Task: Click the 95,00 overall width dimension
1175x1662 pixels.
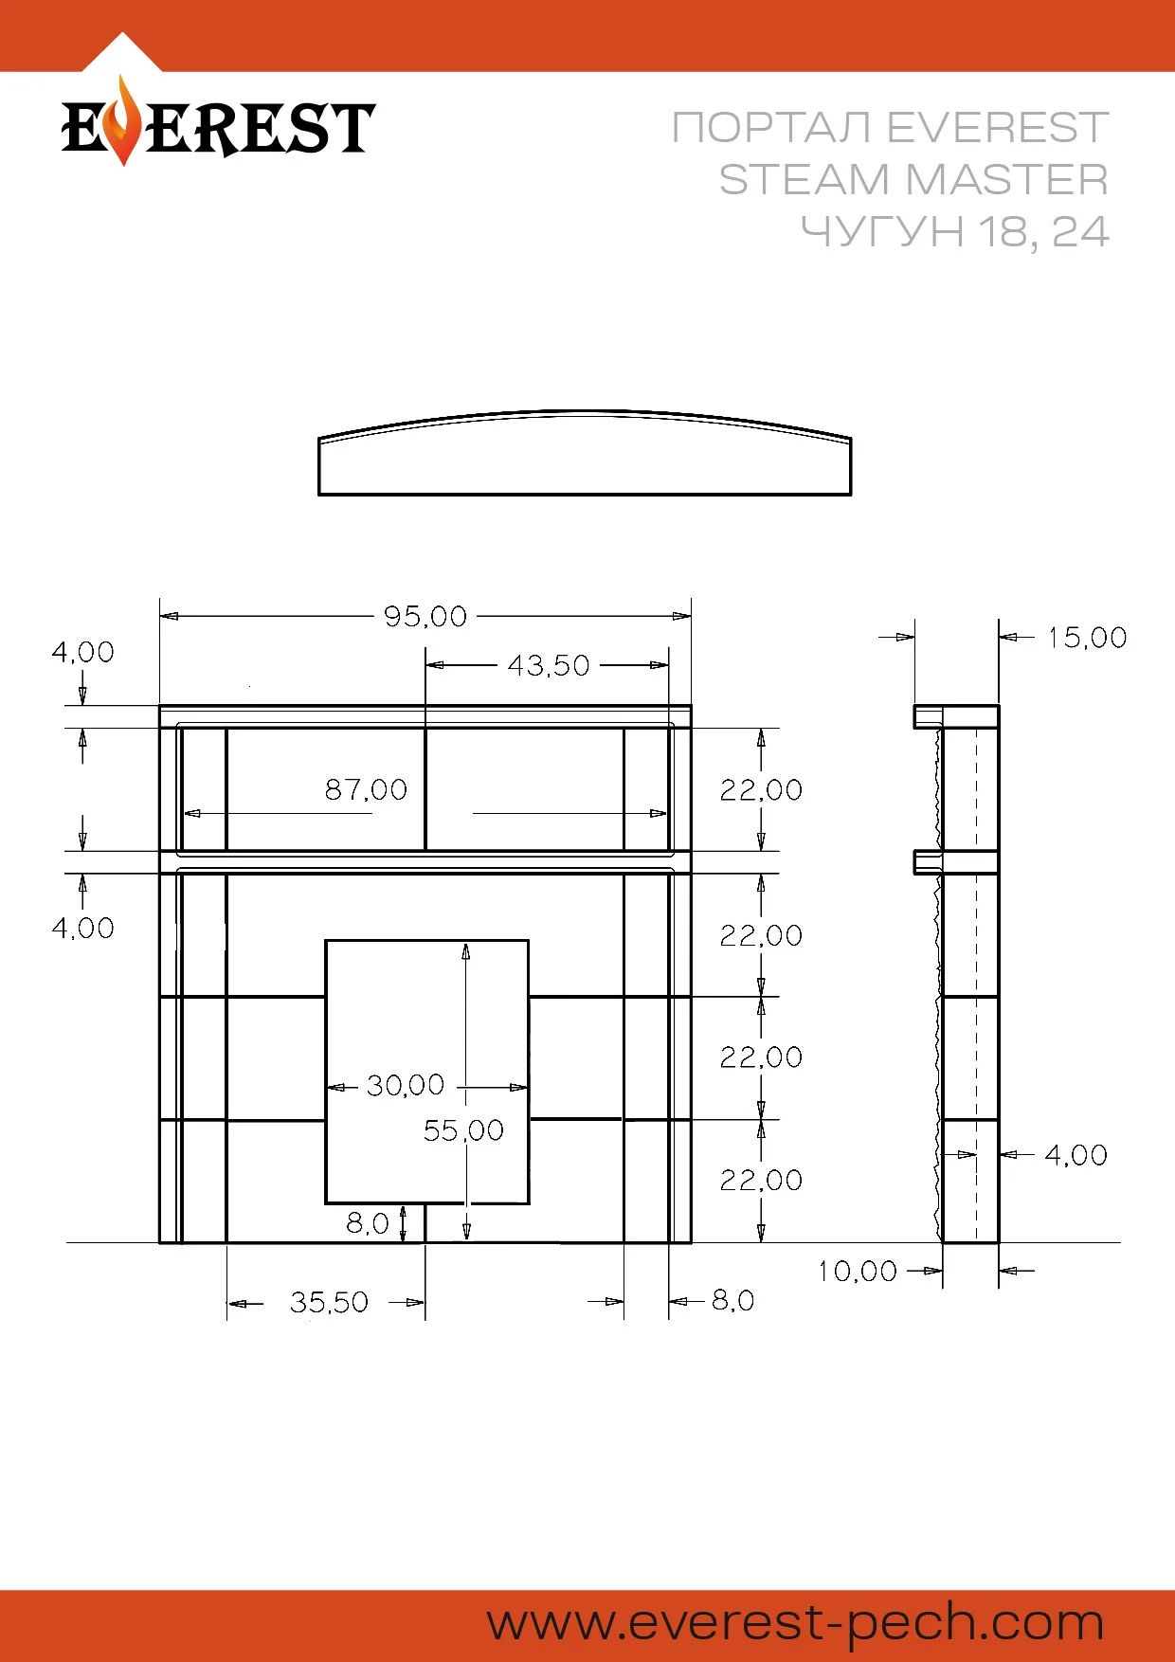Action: tap(425, 617)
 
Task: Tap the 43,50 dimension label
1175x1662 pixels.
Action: tap(549, 666)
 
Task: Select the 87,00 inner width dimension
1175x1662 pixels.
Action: tap(366, 789)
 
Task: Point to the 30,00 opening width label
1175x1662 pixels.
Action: tap(406, 1085)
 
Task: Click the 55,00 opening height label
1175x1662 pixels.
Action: tap(463, 1130)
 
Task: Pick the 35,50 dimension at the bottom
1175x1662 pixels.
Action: tap(329, 1302)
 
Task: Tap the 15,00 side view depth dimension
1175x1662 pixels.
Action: tap(1088, 638)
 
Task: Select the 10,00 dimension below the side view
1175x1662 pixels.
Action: tap(858, 1271)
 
